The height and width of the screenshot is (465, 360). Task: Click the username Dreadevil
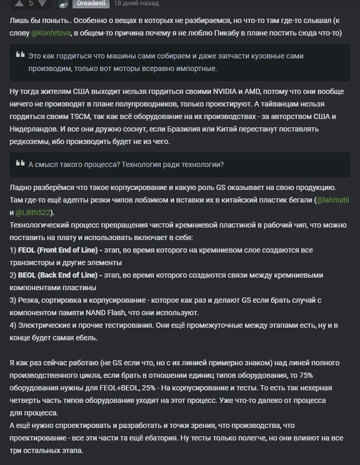pos(91,3)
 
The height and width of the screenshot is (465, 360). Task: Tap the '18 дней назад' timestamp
pos(136,3)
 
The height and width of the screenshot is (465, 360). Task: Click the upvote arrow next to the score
pos(19,3)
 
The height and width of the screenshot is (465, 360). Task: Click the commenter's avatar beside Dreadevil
pos(63,4)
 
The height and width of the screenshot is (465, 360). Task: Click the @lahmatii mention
pos(333,200)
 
